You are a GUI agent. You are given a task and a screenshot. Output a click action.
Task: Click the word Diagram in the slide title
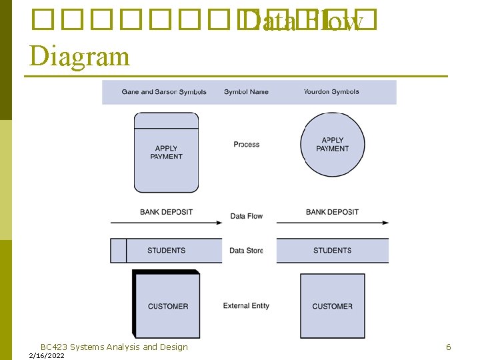(79, 56)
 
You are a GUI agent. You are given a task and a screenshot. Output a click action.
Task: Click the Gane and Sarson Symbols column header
(164, 92)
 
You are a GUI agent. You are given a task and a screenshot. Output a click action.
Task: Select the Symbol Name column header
(246, 92)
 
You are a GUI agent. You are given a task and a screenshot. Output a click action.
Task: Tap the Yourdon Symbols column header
(331, 92)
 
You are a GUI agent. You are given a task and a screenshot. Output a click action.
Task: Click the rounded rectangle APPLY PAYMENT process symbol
(166, 153)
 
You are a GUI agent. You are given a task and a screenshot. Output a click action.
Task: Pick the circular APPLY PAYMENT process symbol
(333, 145)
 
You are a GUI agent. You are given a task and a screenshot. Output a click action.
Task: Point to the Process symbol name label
(247, 144)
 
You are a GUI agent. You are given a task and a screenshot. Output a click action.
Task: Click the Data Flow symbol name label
(247, 216)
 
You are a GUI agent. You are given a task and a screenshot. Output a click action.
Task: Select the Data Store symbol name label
(246, 251)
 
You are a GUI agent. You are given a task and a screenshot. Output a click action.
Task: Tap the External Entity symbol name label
(246, 306)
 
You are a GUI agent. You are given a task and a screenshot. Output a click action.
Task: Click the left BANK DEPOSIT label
(166, 212)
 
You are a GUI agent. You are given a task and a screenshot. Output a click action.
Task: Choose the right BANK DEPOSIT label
(332, 212)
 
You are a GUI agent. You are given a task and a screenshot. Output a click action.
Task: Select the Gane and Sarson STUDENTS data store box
(166, 251)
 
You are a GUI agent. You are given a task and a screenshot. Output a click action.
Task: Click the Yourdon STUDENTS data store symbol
(332, 251)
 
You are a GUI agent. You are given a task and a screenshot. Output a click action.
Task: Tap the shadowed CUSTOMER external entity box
(167, 306)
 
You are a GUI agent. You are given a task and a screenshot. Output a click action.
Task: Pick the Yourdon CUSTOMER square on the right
(332, 306)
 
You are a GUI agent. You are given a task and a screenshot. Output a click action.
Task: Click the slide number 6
(449, 347)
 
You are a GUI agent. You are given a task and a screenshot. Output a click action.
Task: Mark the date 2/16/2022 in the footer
(47, 356)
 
